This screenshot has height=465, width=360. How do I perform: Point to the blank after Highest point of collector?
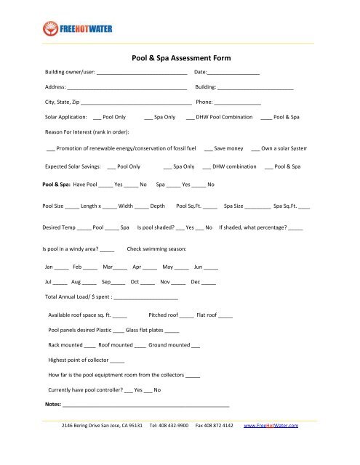point(117,362)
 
